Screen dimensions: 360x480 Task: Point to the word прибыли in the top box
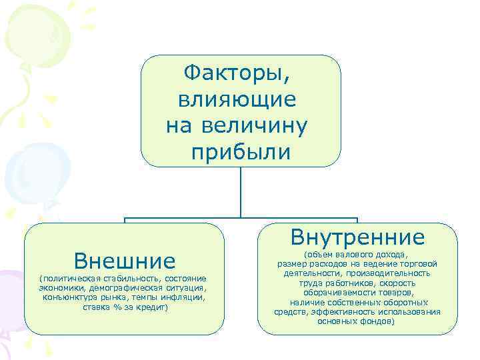tap(241, 153)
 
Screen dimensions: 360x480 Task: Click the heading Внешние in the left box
tap(125, 260)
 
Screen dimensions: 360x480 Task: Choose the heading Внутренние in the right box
tap(357, 237)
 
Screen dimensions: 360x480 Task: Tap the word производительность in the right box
tap(393, 273)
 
